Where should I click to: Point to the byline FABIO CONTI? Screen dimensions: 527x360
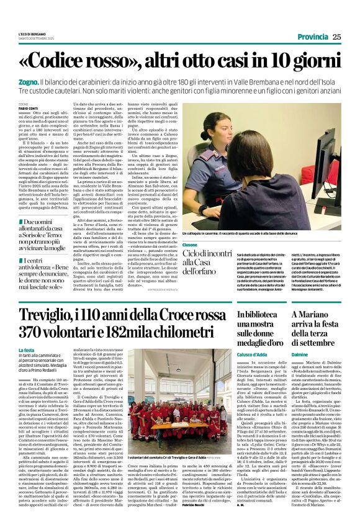[28, 109]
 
